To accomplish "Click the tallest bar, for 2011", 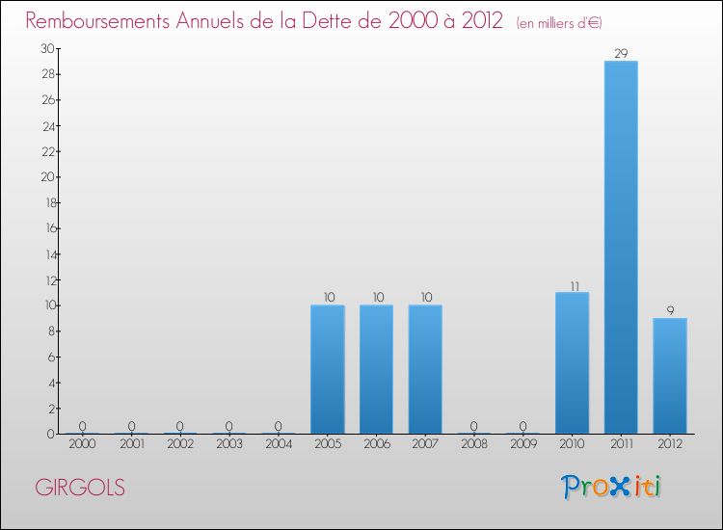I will [x=621, y=248].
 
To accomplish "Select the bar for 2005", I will [x=327, y=369].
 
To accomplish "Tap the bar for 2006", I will [x=376, y=369].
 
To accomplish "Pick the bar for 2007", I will [x=425, y=369].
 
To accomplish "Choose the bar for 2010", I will [x=572, y=363].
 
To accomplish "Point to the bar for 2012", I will [x=670, y=376].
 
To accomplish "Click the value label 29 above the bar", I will [x=621, y=54].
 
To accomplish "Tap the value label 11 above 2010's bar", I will [x=572, y=285].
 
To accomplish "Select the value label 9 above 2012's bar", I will [x=670, y=311].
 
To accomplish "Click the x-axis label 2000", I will [x=82, y=444].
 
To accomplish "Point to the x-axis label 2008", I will [x=473, y=444].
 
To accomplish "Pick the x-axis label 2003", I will [x=228, y=444].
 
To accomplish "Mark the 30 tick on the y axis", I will [x=46, y=48].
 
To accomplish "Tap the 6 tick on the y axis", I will [x=49, y=357].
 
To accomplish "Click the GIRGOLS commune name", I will [x=80, y=488].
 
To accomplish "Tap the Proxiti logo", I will [x=612, y=487].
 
